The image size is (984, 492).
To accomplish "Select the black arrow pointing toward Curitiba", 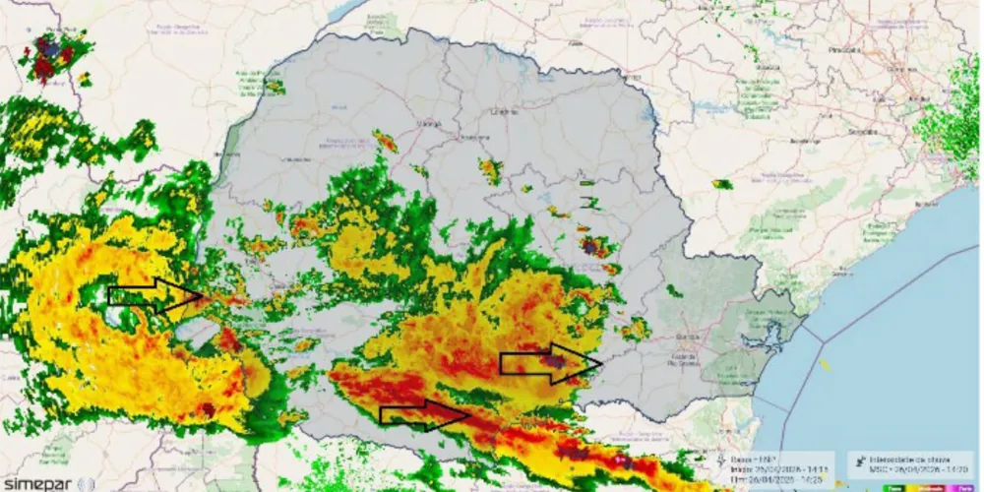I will pos(550,362).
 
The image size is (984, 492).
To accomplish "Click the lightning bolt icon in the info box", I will pos(725,459).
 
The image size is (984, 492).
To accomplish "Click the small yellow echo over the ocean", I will pos(825,365).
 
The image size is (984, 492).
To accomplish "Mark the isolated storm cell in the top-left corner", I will pos(47,58).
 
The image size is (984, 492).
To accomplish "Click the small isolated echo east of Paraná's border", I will pos(723,184).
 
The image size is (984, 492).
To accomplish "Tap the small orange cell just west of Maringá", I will pos(385,142).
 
